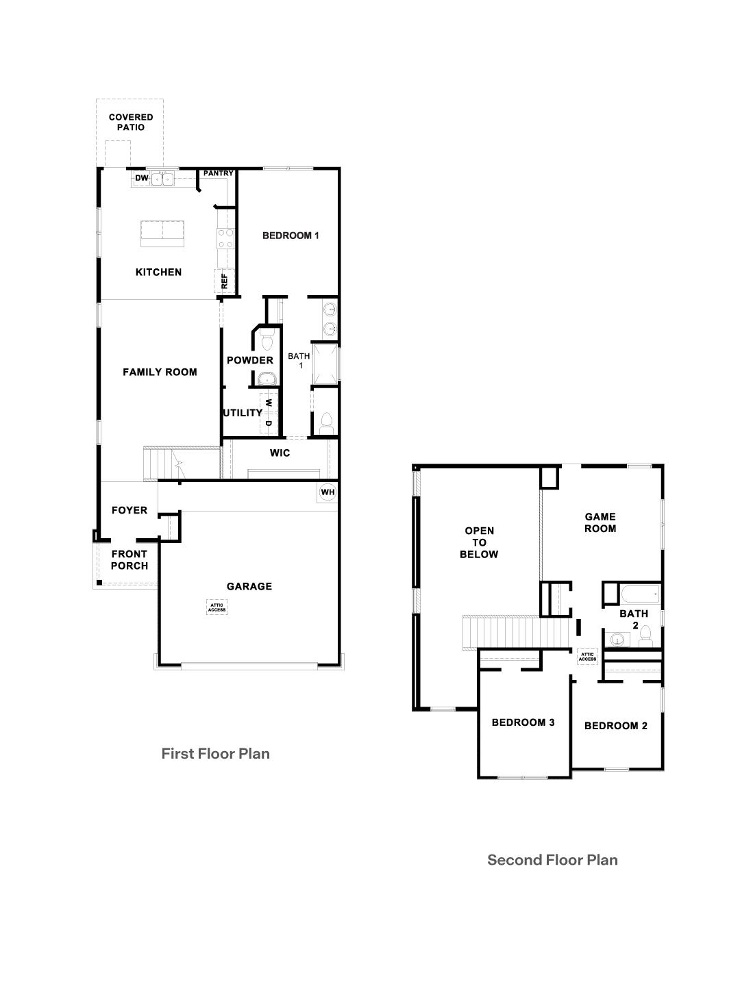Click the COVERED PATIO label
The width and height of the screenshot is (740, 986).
[x=130, y=122]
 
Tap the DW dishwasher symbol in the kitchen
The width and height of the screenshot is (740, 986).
[x=141, y=179]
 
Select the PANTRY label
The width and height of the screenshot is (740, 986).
[x=218, y=174]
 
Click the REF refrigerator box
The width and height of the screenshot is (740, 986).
[x=224, y=282]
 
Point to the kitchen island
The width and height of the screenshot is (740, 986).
[x=162, y=233]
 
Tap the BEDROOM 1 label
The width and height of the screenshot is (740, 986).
[x=291, y=236]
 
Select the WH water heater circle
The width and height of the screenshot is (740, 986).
[x=328, y=492]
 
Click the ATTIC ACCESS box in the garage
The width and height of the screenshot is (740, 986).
[x=217, y=607]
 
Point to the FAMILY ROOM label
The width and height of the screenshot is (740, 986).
[x=160, y=372]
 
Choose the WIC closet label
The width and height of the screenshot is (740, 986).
[x=280, y=453]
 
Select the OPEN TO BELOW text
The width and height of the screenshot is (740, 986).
[x=479, y=542]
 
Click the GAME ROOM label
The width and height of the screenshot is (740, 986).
[x=600, y=522]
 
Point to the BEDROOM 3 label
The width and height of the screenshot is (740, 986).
[x=523, y=722]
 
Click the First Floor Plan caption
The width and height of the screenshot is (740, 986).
[x=215, y=753]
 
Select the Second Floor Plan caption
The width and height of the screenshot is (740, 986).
[x=552, y=859]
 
